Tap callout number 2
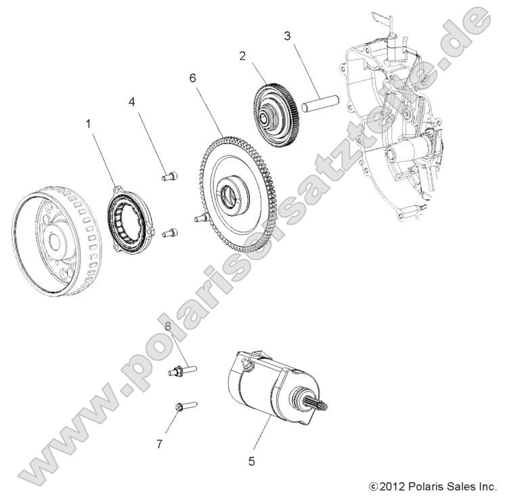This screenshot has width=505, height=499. (x=242, y=56)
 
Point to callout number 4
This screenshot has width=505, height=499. (x=132, y=102)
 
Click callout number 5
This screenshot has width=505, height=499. (x=251, y=462)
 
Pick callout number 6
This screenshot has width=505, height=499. (x=193, y=79)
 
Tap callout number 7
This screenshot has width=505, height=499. (x=160, y=444)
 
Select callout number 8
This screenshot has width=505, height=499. (x=168, y=327)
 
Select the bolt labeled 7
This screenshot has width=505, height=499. (x=185, y=407)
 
